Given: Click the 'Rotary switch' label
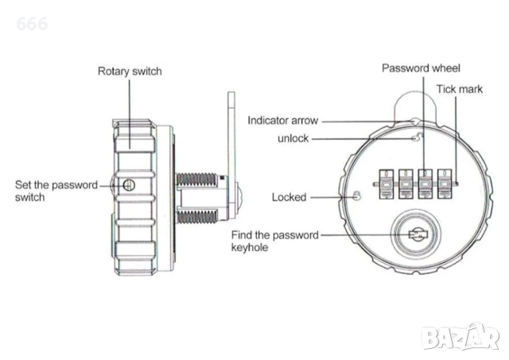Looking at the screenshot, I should [x=130, y=72].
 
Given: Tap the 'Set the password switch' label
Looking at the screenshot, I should [x=56, y=191].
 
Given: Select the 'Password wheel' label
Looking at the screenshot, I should [x=421, y=68].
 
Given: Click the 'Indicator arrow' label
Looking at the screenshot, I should [x=283, y=121].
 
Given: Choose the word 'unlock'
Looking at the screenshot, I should [x=293, y=138].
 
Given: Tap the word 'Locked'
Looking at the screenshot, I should [x=289, y=197].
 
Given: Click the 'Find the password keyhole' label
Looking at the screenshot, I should [x=274, y=241].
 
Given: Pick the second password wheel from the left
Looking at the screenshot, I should [x=406, y=184].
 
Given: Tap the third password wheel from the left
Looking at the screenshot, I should [x=426, y=184].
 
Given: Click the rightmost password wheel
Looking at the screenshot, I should [x=446, y=184].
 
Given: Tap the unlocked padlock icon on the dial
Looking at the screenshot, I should [x=414, y=138].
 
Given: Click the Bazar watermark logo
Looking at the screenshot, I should [x=460, y=337].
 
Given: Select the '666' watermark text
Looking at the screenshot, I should [x=31, y=24].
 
